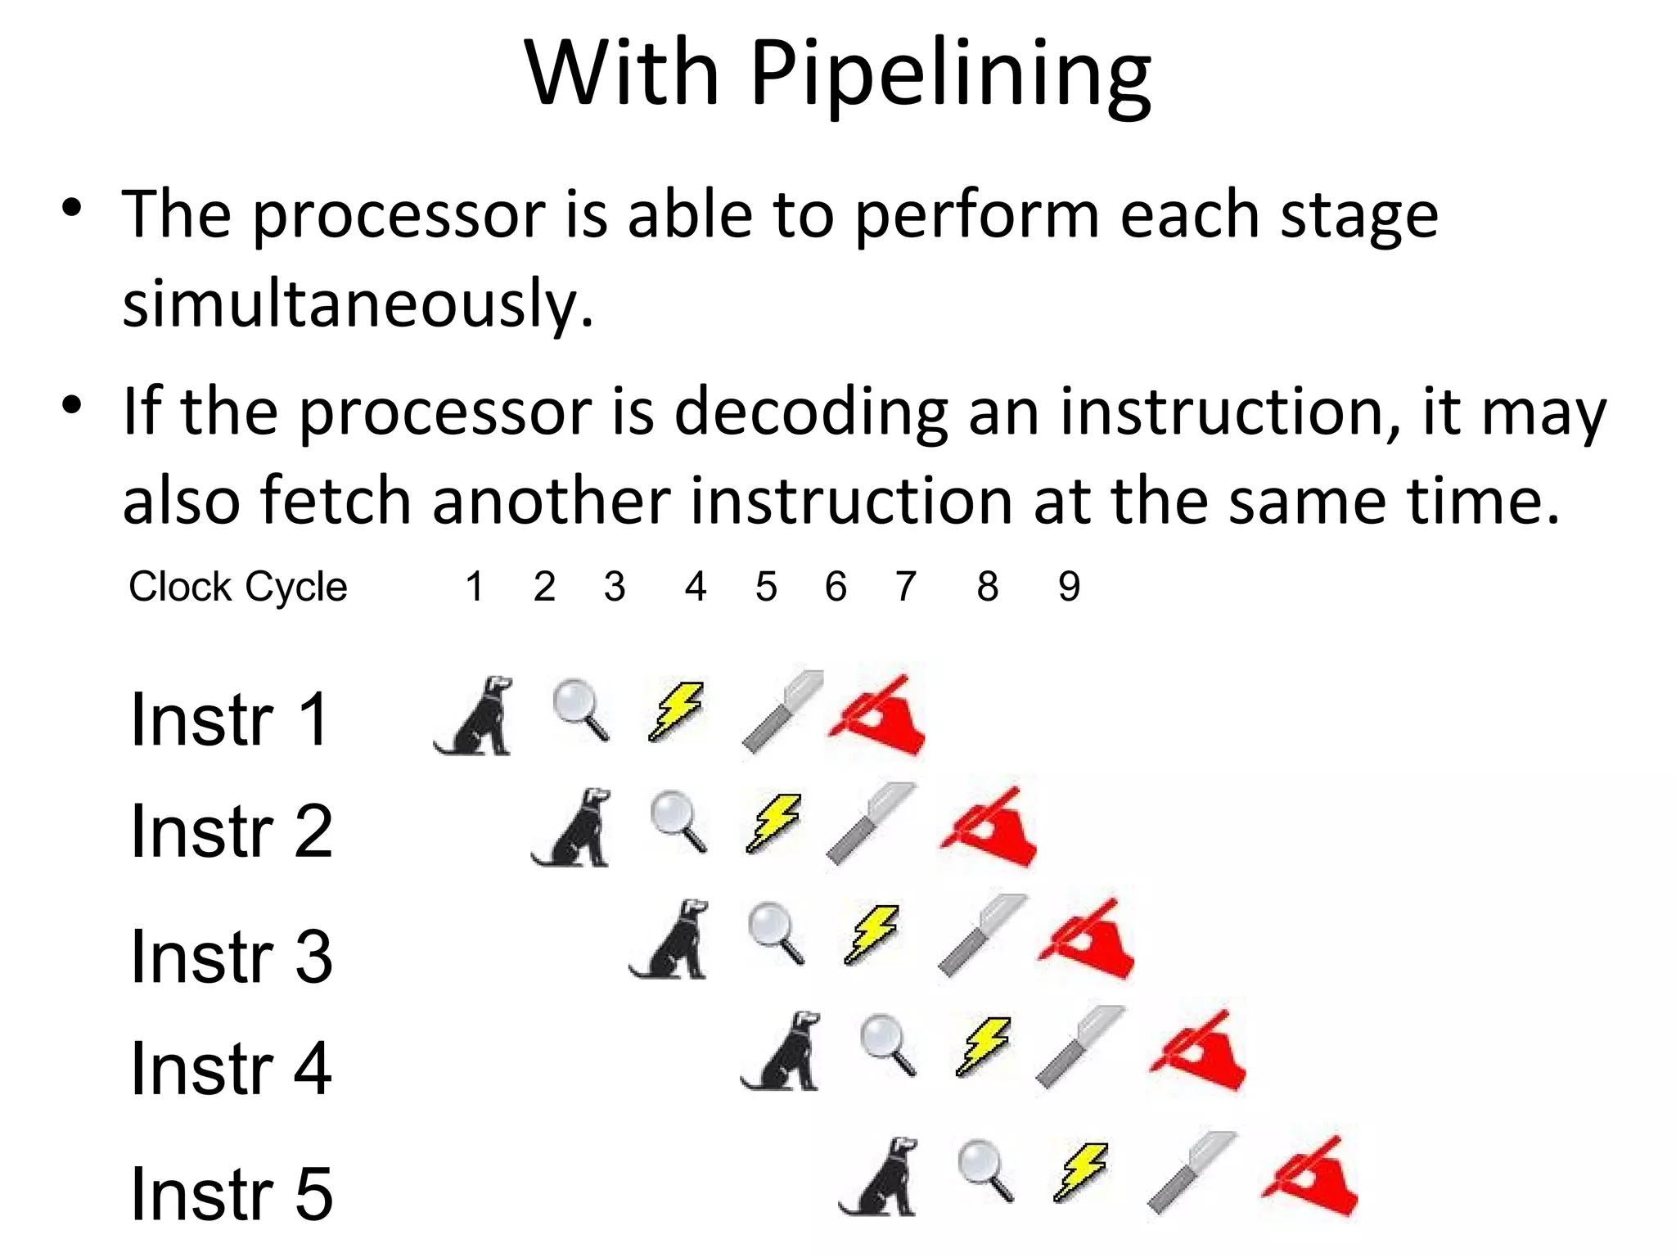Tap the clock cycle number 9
1069,587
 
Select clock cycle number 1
474,587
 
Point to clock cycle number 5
766,587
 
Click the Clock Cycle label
237,587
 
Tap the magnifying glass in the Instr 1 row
580,710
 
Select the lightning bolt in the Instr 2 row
773,822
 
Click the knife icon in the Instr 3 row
981,935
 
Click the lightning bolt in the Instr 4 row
984,1045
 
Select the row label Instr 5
232,1193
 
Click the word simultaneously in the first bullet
358,303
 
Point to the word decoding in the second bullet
810,412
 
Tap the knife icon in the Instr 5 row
1191,1173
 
